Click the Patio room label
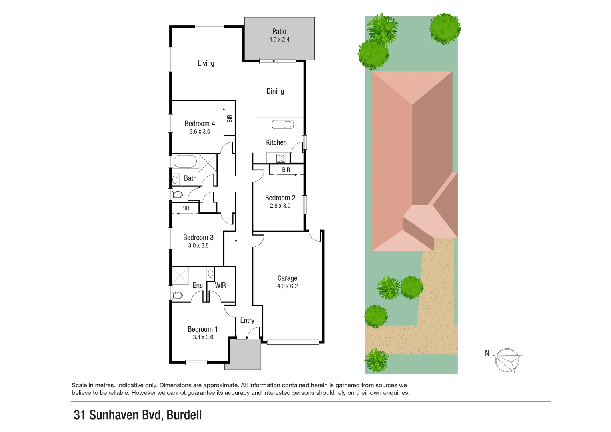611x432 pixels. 279,31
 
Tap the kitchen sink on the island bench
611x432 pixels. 282,125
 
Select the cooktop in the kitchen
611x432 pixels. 281,158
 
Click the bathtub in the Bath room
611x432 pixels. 185,162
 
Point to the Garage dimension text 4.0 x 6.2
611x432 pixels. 287,286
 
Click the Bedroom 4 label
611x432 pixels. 200,124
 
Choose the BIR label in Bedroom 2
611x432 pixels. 286,170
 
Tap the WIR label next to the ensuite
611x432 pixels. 220,285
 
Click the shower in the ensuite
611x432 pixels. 180,276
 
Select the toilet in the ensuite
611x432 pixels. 177,296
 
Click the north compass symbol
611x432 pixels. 507,360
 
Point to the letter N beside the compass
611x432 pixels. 487,353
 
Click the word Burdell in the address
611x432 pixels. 184,415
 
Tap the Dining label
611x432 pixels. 275,91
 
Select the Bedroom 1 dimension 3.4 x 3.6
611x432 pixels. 203,337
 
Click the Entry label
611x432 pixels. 247,320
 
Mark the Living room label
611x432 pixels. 206,63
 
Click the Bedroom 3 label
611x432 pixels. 198,238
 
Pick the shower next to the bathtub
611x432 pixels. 208,163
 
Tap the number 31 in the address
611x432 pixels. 79,415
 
